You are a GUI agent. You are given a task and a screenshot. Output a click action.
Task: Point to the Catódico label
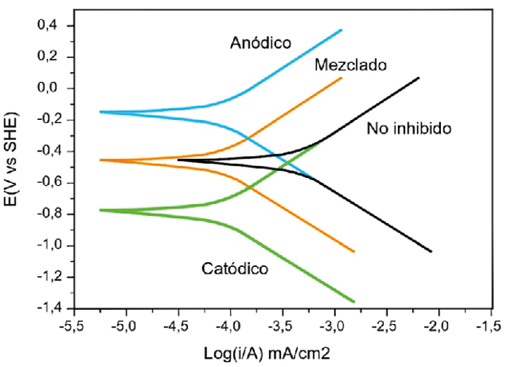tap(234, 268)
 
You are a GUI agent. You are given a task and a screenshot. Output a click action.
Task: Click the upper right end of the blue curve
tap(342, 30)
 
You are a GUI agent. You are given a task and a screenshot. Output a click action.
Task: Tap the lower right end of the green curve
tap(353, 302)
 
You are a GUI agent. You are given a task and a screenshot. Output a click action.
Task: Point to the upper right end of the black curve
tap(419, 78)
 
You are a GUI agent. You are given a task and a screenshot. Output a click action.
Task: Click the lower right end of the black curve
tap(431, 251)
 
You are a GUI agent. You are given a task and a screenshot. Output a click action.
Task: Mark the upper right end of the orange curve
tap(342, 78)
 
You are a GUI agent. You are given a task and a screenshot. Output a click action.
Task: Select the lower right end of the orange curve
tap(353, 251)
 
